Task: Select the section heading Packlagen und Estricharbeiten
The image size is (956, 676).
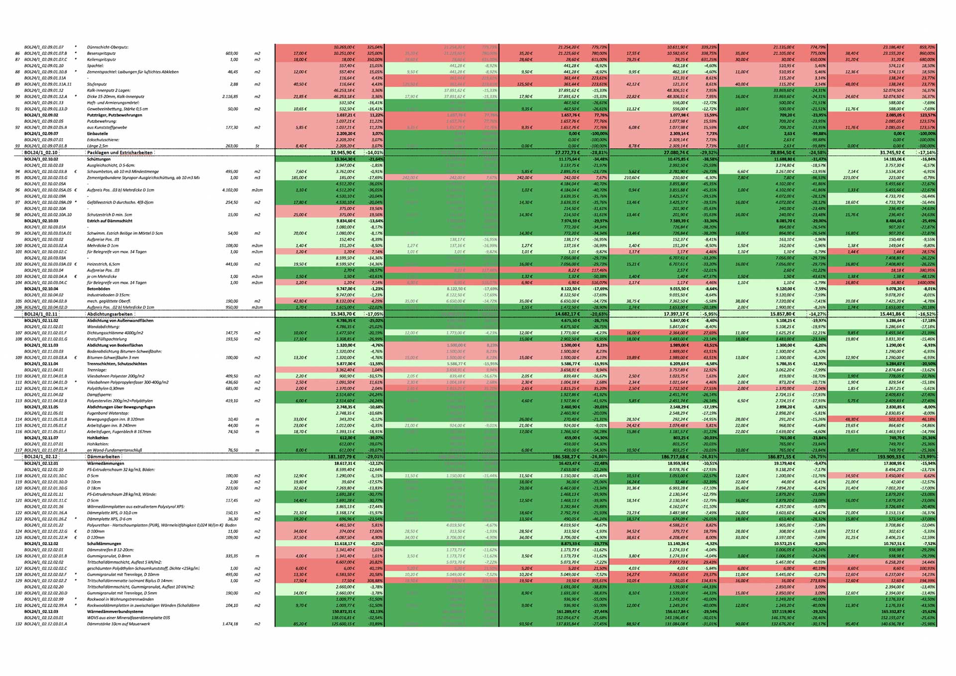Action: pyautogui.click(x=119, y=153)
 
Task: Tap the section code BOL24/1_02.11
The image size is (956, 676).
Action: pyautogui.click(x=41, y=314)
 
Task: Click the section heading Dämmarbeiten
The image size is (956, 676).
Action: pyautogui.click(x=103, y=457)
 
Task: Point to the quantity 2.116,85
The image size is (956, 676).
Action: pyautogui.click(x=230, y=97)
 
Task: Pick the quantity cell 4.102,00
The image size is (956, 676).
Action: pyautogui.click(x=230, y=190)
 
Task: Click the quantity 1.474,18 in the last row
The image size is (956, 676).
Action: pyautogui.click(x=230, y=624)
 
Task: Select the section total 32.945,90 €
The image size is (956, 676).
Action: pyautogui.click(x=343, y=153)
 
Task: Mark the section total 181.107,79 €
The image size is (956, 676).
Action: pyautogui.click(x=342, y=457)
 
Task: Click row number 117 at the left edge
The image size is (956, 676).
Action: pyautogui.click(x=18, y=450)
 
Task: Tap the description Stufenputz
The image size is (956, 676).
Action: pyautogui.click(x=97, y=84)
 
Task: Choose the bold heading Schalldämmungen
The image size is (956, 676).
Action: pyautogui.click(x=104, y=544)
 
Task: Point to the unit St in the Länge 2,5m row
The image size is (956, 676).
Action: pyautogui.click(x=257, y=146)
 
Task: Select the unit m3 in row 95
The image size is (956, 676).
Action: pyautogui.click(x=257, y=178)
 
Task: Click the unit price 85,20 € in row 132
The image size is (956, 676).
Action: pyautogui.click(x=300, y=624)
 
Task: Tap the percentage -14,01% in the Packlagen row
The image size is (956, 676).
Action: pyautogui.click(x=374, y=153)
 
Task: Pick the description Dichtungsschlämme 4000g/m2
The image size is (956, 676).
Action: pyautogui.click(x=115, y=333)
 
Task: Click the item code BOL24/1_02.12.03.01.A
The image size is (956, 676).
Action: pyautogui.click(x=45, y=624)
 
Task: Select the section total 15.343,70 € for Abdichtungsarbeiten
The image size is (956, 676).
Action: pyautogui.click(x=343, y=314)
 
